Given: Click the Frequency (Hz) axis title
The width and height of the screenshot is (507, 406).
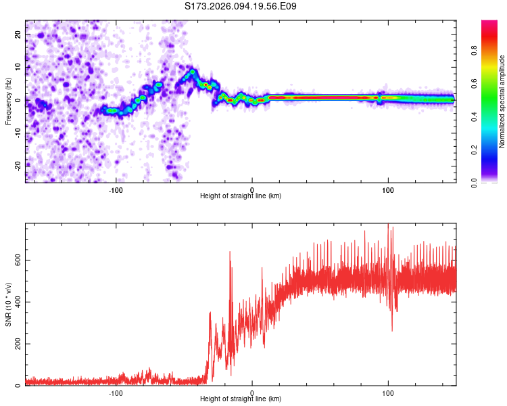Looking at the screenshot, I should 9,101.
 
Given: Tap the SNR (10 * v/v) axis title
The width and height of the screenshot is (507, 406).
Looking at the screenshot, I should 9,304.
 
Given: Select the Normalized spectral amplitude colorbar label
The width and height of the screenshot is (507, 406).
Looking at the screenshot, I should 502,101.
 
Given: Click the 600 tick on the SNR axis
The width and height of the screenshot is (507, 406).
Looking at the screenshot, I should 18,260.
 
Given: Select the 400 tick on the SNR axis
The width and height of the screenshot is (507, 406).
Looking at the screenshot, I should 18,302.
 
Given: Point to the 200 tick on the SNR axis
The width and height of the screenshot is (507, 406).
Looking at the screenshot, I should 18,344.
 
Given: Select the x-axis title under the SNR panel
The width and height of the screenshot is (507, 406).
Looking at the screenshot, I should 241,399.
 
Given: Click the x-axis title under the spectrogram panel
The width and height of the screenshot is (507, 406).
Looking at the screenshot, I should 241,196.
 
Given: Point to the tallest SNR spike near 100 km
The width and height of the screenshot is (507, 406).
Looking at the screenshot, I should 388,225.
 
